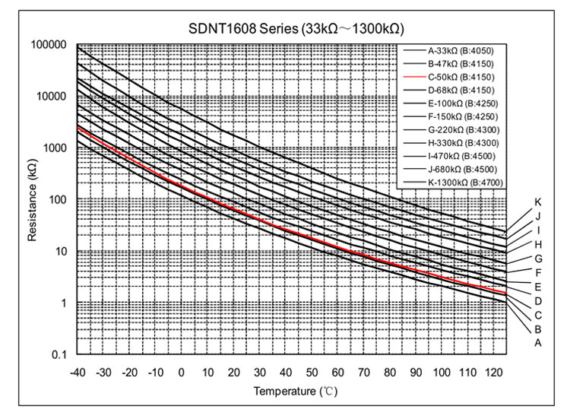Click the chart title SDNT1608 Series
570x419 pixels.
pos(296,28)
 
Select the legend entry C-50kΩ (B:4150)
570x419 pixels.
pos(461,77)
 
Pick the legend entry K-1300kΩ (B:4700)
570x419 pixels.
pos(464,182)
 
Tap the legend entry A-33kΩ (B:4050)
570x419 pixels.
pos(461,50)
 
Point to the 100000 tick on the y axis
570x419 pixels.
pos(49,45)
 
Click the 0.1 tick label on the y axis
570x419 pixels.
pos(59,355)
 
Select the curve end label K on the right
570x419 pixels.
pos(537,202)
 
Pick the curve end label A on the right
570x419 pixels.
pos(537,343)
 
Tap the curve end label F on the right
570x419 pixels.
pos(537,272)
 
